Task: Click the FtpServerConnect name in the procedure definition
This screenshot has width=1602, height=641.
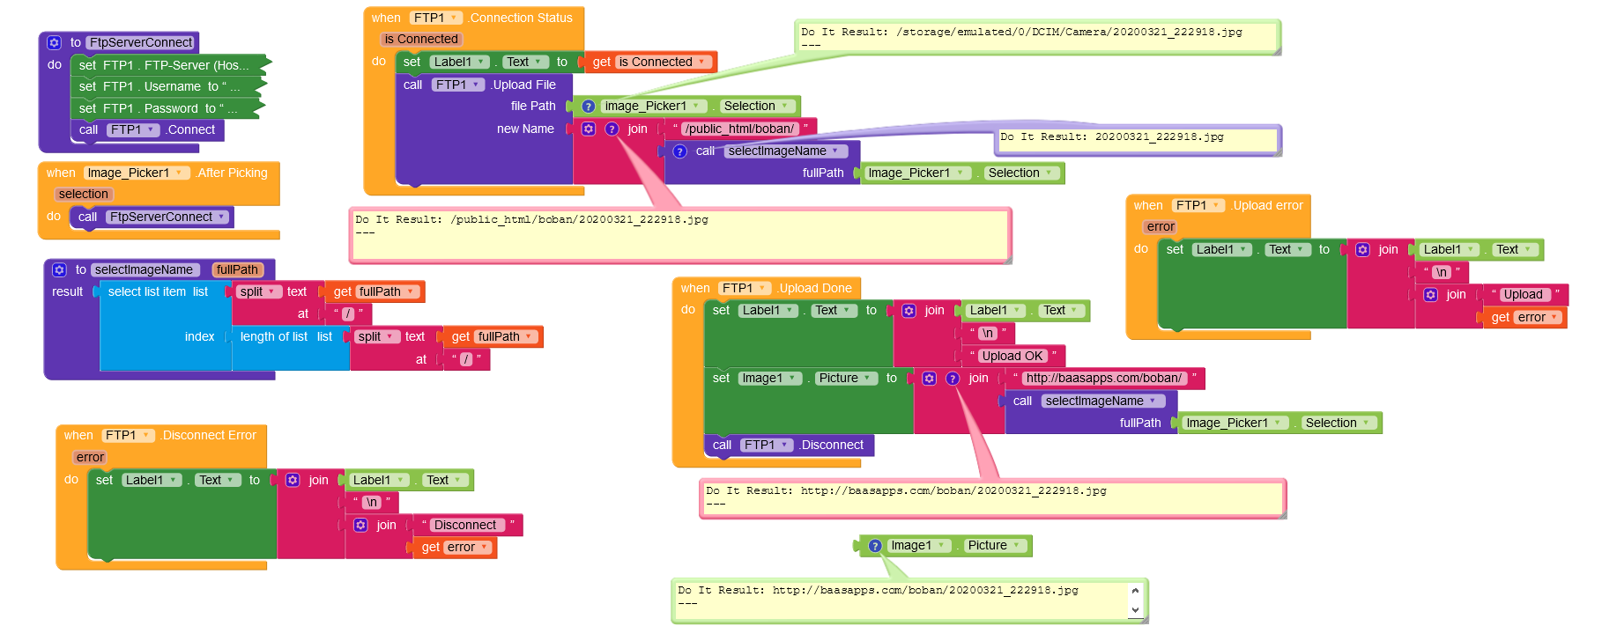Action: pos(141,42)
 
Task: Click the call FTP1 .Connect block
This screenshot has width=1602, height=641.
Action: pos(147,130)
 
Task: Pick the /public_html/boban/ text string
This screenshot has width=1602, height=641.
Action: pos(740,129)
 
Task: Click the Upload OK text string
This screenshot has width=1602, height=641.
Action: pos(1012,356)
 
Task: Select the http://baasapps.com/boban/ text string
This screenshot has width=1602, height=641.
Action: pos(1103,379)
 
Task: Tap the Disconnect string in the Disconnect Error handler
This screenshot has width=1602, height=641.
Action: pos(465,525)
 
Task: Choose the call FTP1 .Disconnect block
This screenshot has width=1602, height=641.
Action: pos(789,446)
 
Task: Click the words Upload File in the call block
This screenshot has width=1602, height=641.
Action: pos(524,85)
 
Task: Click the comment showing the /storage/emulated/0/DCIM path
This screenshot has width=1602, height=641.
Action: pos(1037,37)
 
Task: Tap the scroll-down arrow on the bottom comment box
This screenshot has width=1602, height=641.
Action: pos(1135,609)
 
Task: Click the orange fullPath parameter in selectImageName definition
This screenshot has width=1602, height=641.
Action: pos(237,270)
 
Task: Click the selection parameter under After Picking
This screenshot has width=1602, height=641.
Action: pos(84,195)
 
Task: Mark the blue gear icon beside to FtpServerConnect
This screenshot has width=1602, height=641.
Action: pos(54,42)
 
